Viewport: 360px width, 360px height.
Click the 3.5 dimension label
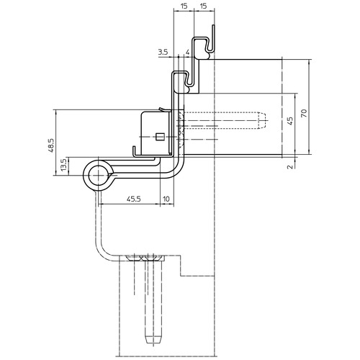click(x=163, y=52)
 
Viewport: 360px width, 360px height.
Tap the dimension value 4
click(x=188, y=52)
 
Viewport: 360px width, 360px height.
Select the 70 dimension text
click(x=304, y=113)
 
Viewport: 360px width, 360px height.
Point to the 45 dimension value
click(x=290, y=121)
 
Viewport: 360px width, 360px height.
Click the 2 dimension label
click(x=290, y=166)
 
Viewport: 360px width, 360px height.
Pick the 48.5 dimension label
click(x=51, y=145)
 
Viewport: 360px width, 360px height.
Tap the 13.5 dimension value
click(x=63, y=165)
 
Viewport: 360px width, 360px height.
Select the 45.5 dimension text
click(x=134, y=199)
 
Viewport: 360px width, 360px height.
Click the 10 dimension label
click(x=166, y=199)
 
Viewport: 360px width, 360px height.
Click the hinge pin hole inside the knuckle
click(x=98, y=176)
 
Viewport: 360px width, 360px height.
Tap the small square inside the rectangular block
click(x=160, y=137)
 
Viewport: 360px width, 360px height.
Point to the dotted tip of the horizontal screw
click(x=262, y=120)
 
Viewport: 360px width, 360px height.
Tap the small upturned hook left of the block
click(x=135, y=151)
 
